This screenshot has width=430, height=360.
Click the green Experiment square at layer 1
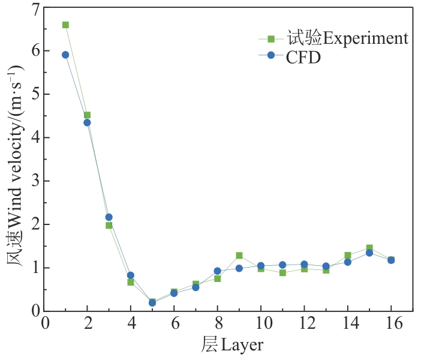click(65, 25)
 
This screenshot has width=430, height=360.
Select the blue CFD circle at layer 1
click(65, 55)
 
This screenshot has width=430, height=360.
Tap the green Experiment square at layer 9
click(239, 256)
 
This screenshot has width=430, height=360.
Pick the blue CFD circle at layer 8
click(218, 271)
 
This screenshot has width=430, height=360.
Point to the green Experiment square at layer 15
click(369, 248)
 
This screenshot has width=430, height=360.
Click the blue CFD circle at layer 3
click(109, 217)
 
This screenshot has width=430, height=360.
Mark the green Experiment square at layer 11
click(282, 273)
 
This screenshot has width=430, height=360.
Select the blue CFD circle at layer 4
click(131, 275)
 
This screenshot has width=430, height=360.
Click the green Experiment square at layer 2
click(87, 115)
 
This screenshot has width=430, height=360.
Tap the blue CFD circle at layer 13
click(326, 266)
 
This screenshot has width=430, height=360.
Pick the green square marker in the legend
click(271, 39)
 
